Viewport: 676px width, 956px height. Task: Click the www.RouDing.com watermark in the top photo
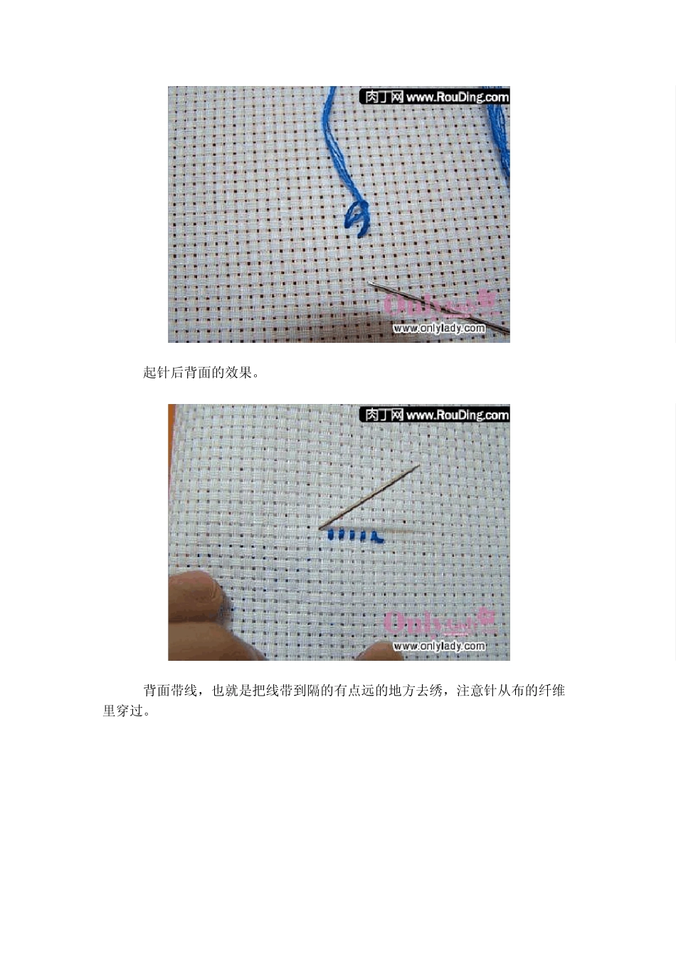(458, 97)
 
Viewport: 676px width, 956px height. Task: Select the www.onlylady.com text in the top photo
(439, 328)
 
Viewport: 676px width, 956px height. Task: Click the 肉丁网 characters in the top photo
(384, 97)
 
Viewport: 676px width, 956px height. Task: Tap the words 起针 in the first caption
(157, 373)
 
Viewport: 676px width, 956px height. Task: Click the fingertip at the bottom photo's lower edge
(379, 651)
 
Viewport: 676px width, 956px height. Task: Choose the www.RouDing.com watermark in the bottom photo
(458, 415)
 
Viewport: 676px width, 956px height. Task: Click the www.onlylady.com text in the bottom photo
(439, 646)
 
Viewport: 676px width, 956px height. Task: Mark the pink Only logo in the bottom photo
(439, 623)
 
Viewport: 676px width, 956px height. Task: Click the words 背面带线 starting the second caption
(170, 690)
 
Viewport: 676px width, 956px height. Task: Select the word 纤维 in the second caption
(551, 690)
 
